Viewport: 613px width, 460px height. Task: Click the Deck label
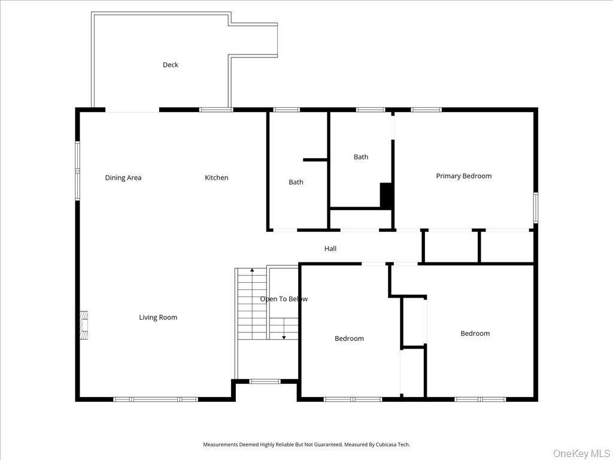[171, 65]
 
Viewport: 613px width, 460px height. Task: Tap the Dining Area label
[123, 177]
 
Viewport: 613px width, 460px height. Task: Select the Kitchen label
[217, 177]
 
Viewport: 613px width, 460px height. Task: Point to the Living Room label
[158, 317]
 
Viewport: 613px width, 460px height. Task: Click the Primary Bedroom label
[463, 176]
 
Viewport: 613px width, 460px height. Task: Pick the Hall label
[330, 249]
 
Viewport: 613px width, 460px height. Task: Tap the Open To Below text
[284, 299]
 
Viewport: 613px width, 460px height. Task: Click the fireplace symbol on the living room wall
[84, 325]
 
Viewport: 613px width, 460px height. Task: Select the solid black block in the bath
[386, 195]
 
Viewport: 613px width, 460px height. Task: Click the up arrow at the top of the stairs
[252, 271]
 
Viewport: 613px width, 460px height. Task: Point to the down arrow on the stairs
[284, 337]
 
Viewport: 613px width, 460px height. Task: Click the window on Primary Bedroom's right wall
[535, 207]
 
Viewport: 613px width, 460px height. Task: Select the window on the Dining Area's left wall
[77, 170]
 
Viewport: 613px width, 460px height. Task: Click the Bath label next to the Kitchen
[296, 182]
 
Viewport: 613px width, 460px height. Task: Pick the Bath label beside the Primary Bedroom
[361, 157]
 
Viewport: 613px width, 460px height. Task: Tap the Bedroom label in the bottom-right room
[475, 334]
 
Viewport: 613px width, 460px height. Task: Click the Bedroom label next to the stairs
[349, 338]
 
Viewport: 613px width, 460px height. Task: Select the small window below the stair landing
[265, 381]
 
